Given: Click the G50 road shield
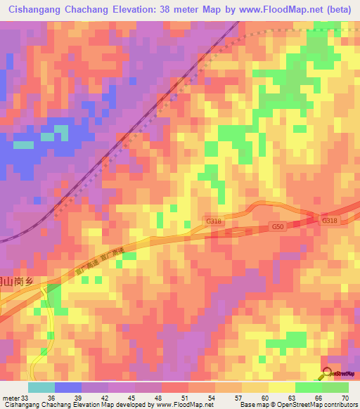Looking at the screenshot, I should (279, 227).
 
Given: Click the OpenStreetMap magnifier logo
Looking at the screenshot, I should (327, 373).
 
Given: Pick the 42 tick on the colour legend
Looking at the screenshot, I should (103, 397).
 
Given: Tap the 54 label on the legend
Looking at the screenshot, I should (210, 397).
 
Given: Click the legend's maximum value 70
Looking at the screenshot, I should (345, 397).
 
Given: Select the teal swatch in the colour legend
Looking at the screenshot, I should (41, 387).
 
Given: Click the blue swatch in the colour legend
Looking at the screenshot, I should (68, 387).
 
